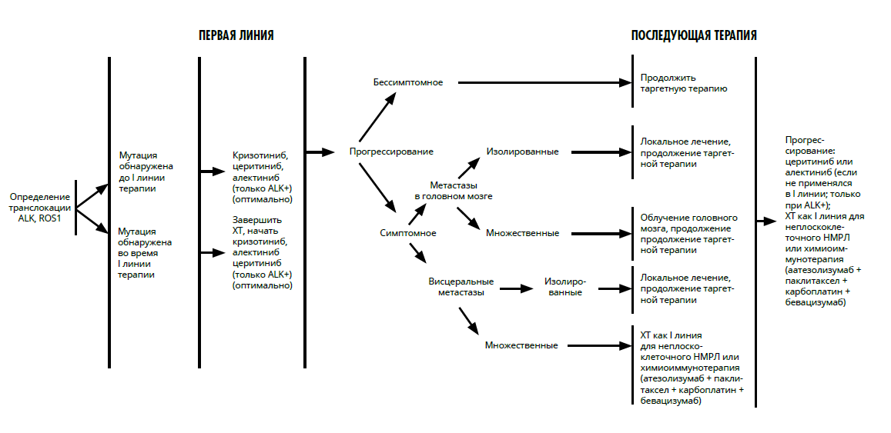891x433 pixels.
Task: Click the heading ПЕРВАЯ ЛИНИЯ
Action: click(236, 35)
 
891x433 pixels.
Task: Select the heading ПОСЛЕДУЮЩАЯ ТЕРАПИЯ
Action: click(694, 35)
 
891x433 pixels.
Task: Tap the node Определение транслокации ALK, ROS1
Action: click(40, 207)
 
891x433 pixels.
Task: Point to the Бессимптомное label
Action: click(408, 83)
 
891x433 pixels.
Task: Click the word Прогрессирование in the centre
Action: click(391, 152)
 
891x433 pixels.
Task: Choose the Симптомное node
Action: click(408, 233)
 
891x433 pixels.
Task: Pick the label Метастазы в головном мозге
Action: click(454, 192)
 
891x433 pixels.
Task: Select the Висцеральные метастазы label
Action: click(461, 287)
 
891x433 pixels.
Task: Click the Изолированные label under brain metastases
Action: click(522, 152)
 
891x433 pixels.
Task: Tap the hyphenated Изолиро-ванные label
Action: click(564, 287)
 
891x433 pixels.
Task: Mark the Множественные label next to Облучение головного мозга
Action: click(522, 233)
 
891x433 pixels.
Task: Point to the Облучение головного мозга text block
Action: click(689, 234)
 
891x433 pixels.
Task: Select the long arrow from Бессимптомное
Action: click(545, 83)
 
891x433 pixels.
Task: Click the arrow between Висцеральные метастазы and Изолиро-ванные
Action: click(517, 289)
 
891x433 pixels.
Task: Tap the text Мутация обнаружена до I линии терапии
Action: click(146, 172)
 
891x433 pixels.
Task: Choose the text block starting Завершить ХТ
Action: click(263, 252)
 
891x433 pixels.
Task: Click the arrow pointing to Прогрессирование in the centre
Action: click(320, 152)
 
